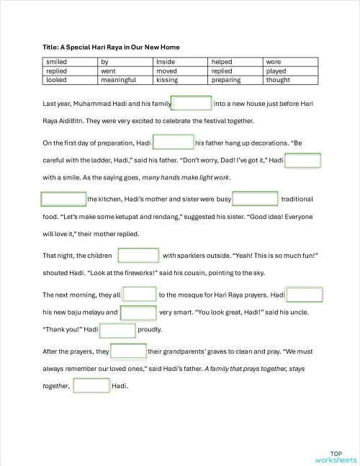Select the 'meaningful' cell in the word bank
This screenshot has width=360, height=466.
(119, 80)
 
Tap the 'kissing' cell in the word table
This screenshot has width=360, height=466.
(167, 80)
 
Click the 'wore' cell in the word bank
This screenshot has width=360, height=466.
(274, 63)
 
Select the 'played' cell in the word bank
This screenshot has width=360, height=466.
(276, 71)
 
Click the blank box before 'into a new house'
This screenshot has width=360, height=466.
(192, 104)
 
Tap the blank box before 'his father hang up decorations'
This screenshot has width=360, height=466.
(174, 143)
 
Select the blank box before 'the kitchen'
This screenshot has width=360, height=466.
(63, 199)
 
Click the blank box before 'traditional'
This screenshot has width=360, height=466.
(256, 199)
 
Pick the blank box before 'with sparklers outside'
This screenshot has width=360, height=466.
(138, 256)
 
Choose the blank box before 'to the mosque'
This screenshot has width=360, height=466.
(140, 295)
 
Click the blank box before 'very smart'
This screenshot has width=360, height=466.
(138, 313)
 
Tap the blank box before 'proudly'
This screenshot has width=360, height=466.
(117, 331)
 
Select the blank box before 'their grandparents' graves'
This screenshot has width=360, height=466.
(129, 351)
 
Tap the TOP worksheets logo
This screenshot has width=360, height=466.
(336, 456)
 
